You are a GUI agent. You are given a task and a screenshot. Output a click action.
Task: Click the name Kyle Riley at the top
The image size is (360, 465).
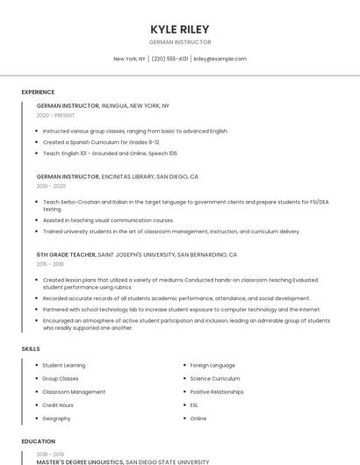(180, 29)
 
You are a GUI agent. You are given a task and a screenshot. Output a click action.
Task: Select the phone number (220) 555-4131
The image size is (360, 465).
(169, 59)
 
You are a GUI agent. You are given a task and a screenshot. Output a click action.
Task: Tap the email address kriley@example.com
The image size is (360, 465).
(220, 59)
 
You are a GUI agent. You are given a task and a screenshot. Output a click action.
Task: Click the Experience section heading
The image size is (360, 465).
(38, 92)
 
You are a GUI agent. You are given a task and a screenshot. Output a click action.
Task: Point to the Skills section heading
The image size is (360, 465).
(31, 349)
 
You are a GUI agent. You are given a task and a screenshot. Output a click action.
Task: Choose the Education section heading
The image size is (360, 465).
(38, 441)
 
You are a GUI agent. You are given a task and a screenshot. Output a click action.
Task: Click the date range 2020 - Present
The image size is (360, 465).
(55, 115)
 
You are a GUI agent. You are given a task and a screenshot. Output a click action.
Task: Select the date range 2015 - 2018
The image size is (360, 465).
(50, 263)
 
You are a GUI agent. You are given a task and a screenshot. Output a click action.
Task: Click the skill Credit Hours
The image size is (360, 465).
(58, 405)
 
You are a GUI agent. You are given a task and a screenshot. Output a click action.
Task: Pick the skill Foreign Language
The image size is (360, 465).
(212, 365)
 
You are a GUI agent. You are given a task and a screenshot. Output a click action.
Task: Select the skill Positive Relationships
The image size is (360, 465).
(217, 392)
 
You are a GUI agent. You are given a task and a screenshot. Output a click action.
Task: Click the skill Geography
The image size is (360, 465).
(56, 418)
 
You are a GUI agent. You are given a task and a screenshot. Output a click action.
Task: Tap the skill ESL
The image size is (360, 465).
(194, 405)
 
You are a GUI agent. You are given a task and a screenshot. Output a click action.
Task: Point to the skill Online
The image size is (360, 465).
(198, 418)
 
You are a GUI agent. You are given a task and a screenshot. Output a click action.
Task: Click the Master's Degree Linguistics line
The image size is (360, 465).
(123, 461)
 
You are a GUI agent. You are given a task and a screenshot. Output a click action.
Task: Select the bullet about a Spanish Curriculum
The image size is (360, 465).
(101, 142)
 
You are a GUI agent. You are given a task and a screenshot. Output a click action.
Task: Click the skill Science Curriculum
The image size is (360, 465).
(215, 378)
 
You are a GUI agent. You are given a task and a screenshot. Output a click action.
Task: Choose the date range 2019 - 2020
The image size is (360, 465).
(51, 186)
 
